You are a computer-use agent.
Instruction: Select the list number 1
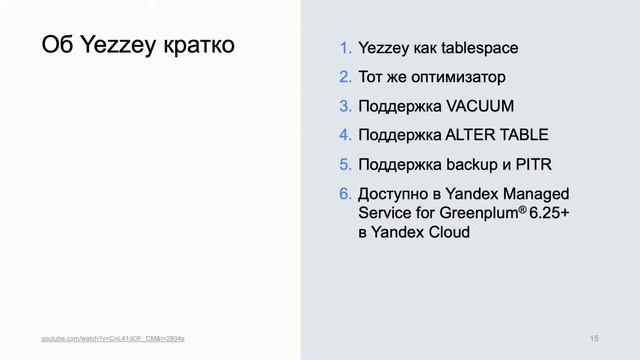coord(345,48)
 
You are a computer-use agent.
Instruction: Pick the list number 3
coord(345,106)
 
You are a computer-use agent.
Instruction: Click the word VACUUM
coord(480,106)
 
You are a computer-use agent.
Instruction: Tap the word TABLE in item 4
coord(523,135)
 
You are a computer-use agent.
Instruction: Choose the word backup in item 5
coord(473,164)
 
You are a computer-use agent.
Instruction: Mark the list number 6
coord(345,193)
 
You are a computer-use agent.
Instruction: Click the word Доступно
coord(392,193)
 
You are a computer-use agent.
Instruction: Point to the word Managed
coord(534,193)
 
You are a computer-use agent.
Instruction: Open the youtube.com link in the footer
coord(112,340)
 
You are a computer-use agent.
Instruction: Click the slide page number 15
coord(594,340)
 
